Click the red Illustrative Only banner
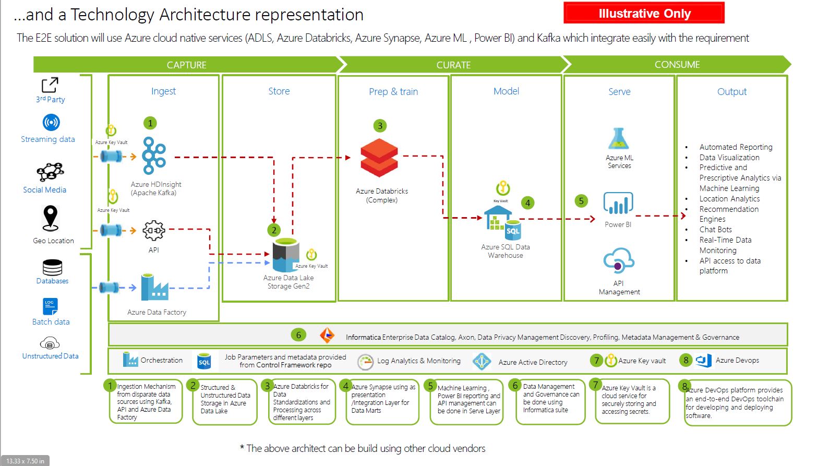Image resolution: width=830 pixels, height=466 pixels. [644, 14]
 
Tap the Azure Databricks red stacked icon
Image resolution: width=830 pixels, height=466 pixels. [379, 158]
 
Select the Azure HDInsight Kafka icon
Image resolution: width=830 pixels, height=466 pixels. [154, 156]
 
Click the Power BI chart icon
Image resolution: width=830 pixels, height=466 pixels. [618, 204]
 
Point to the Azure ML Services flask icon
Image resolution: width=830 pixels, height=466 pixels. [619, 139]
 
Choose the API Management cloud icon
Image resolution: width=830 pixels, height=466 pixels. [618, 261]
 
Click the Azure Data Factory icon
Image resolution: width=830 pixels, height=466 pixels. [154, 288]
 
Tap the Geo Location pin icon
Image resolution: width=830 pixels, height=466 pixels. [51, 218]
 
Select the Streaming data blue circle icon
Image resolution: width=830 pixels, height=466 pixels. [51, 123]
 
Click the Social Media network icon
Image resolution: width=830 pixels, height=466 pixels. [50, 172]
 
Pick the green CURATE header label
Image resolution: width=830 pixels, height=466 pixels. [453, 65]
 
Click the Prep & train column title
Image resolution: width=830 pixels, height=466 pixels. [393, 92]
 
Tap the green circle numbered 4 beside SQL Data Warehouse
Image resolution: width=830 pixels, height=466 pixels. [527, 203]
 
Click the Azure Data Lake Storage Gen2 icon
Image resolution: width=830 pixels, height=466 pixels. [286, 255]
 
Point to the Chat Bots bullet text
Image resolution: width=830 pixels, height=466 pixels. [715, 230]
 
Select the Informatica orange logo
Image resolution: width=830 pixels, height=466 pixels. [327, 335]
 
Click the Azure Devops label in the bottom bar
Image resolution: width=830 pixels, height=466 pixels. [737, 360]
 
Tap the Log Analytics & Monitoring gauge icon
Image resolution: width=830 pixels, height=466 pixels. [365, 361]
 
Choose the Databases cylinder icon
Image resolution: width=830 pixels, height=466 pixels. [52, 267]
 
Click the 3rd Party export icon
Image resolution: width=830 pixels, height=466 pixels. [50, 85]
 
